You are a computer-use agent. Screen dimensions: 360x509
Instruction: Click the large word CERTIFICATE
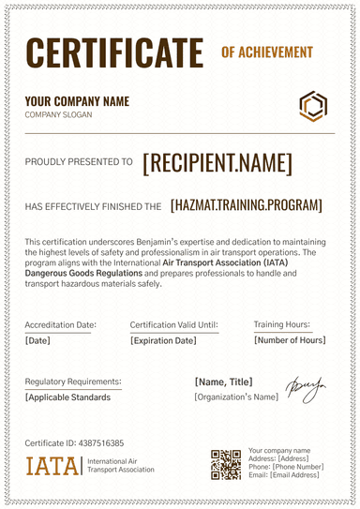[114, 51]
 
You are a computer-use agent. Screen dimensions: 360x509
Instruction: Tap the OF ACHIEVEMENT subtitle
[266, 52]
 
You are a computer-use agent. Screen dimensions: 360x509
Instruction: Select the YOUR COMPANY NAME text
[77, 101]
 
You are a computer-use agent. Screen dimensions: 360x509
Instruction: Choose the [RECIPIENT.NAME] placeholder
[217, 163]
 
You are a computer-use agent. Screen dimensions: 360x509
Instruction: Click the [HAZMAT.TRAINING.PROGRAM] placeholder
[247, 205]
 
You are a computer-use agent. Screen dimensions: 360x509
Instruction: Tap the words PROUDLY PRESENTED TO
[79, 162]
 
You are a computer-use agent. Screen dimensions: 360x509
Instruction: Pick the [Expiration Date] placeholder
[163, 340]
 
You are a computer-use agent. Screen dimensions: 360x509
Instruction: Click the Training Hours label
[282, 324]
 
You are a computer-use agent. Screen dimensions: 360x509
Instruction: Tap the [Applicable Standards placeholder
[67, 397]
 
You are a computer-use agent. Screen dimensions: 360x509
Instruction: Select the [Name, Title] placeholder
[224, 382]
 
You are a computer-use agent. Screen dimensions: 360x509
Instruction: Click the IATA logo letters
[52, 466]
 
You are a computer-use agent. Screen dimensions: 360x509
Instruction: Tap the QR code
[226, 465]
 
